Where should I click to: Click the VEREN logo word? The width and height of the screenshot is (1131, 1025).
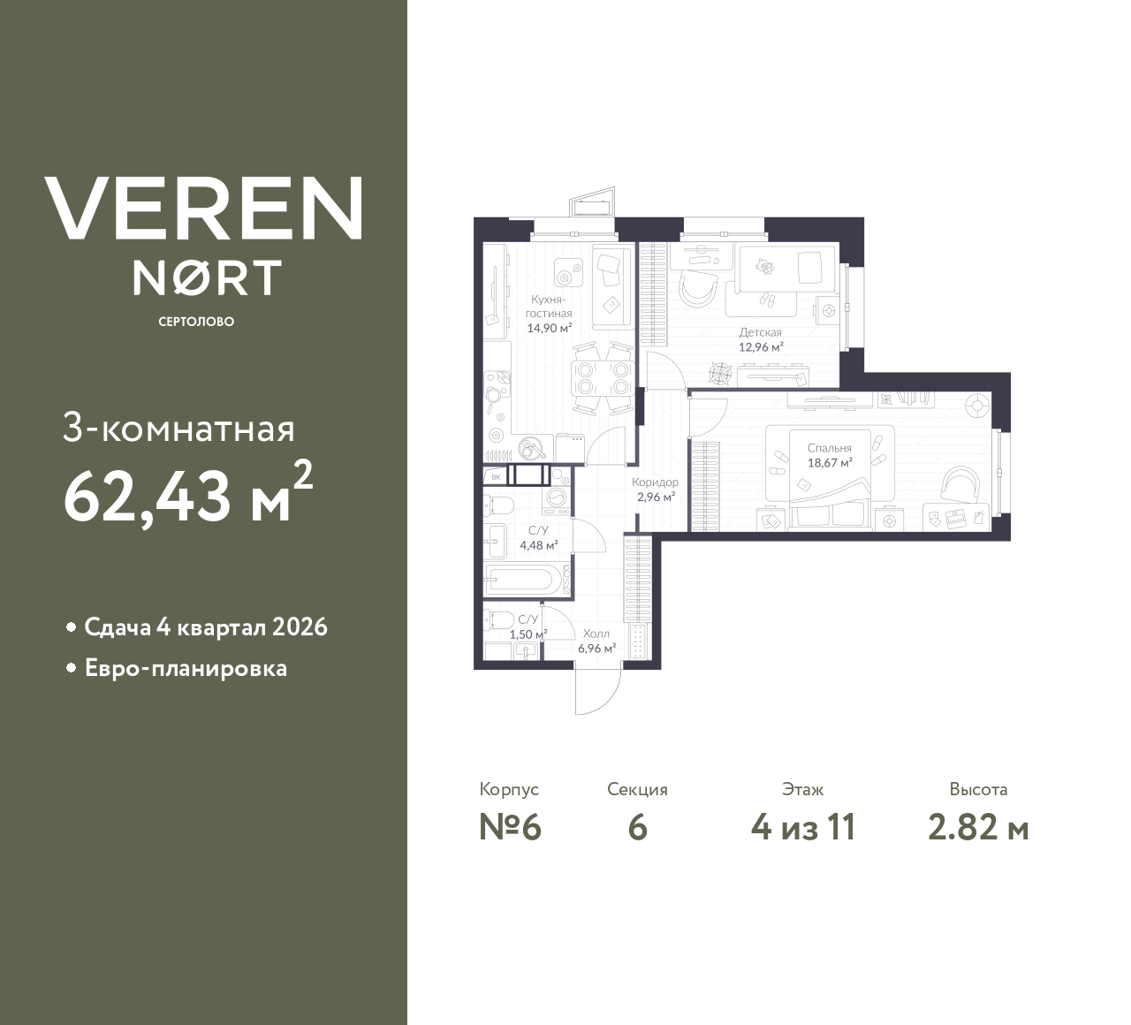(x=203, y=209)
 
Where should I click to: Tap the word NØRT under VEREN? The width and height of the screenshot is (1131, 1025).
(x=207, y=277)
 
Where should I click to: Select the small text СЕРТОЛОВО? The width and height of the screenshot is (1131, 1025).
(x=196, y=322)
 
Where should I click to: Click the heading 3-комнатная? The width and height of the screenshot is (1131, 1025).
(x=179, y=429)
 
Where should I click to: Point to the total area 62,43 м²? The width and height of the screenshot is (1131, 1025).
(x=187, y=494)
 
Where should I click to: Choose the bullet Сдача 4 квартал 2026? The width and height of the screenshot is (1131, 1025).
(x=205, y=627)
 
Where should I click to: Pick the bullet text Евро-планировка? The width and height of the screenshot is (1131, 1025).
(x=186, y=668)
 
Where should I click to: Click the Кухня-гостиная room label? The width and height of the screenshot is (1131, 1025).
(x=550, y=307)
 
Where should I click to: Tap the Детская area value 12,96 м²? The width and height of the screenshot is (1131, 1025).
(x=761, y=347)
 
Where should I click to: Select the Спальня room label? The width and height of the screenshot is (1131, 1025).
(x=829, y=448)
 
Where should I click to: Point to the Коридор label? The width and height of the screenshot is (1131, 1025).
(x=655, y=482)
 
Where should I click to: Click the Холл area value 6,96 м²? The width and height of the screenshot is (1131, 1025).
(x=596, y=648)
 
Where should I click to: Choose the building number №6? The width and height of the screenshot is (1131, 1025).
(x=509, y=828)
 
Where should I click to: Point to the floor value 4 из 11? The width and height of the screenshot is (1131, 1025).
(x=802, y=828)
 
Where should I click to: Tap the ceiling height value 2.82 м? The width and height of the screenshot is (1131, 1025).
(x=978, y=828)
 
